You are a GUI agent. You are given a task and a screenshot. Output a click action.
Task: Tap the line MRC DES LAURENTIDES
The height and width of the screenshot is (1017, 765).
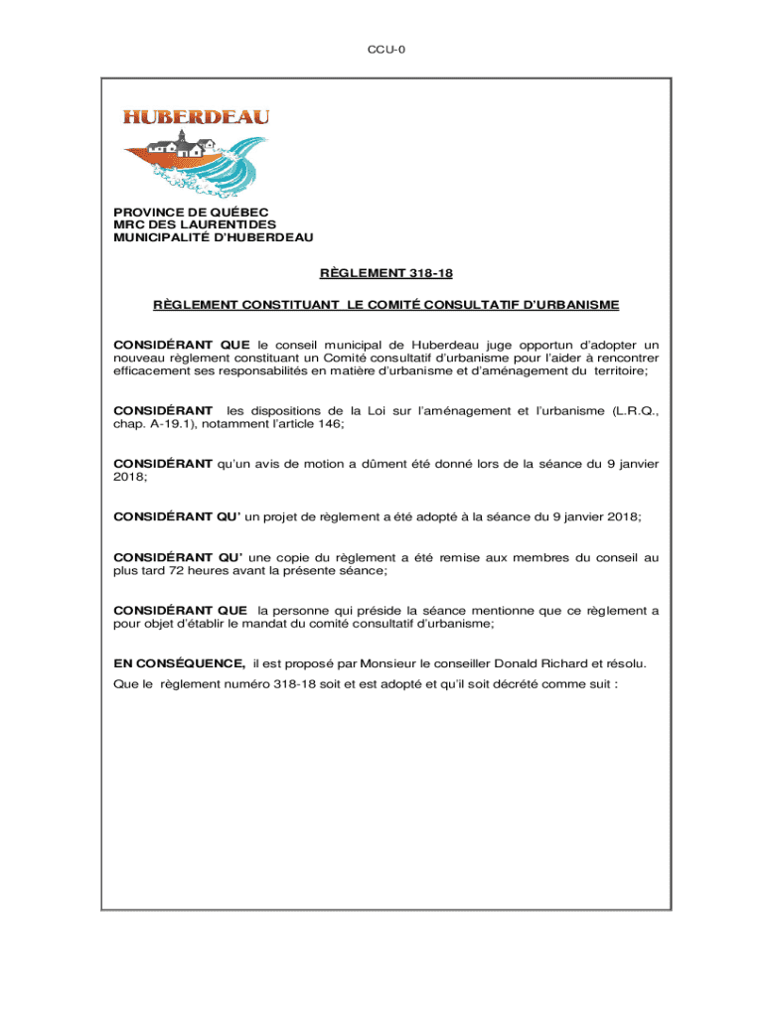pyautogui.click(x=194, y=225)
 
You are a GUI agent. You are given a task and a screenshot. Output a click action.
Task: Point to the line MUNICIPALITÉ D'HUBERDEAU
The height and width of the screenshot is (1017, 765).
pyautogui.click(x=213, y=238)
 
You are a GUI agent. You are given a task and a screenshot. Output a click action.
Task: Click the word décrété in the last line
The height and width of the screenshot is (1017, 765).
pyautogui.click(x=520, y=684)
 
